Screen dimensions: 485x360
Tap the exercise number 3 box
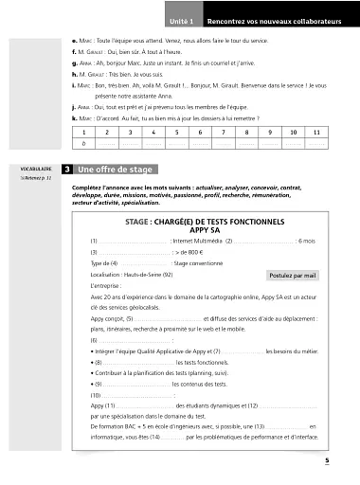click(67, 170)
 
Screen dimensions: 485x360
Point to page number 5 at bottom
click(325, 461)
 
